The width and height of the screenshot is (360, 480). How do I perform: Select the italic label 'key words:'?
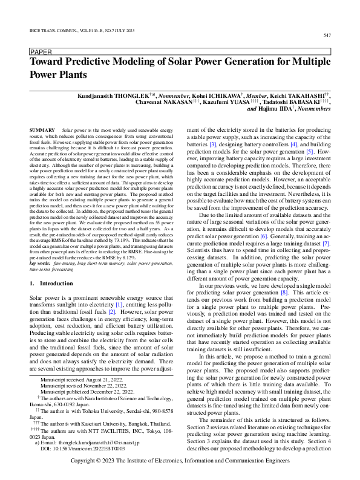coord(41,264)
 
